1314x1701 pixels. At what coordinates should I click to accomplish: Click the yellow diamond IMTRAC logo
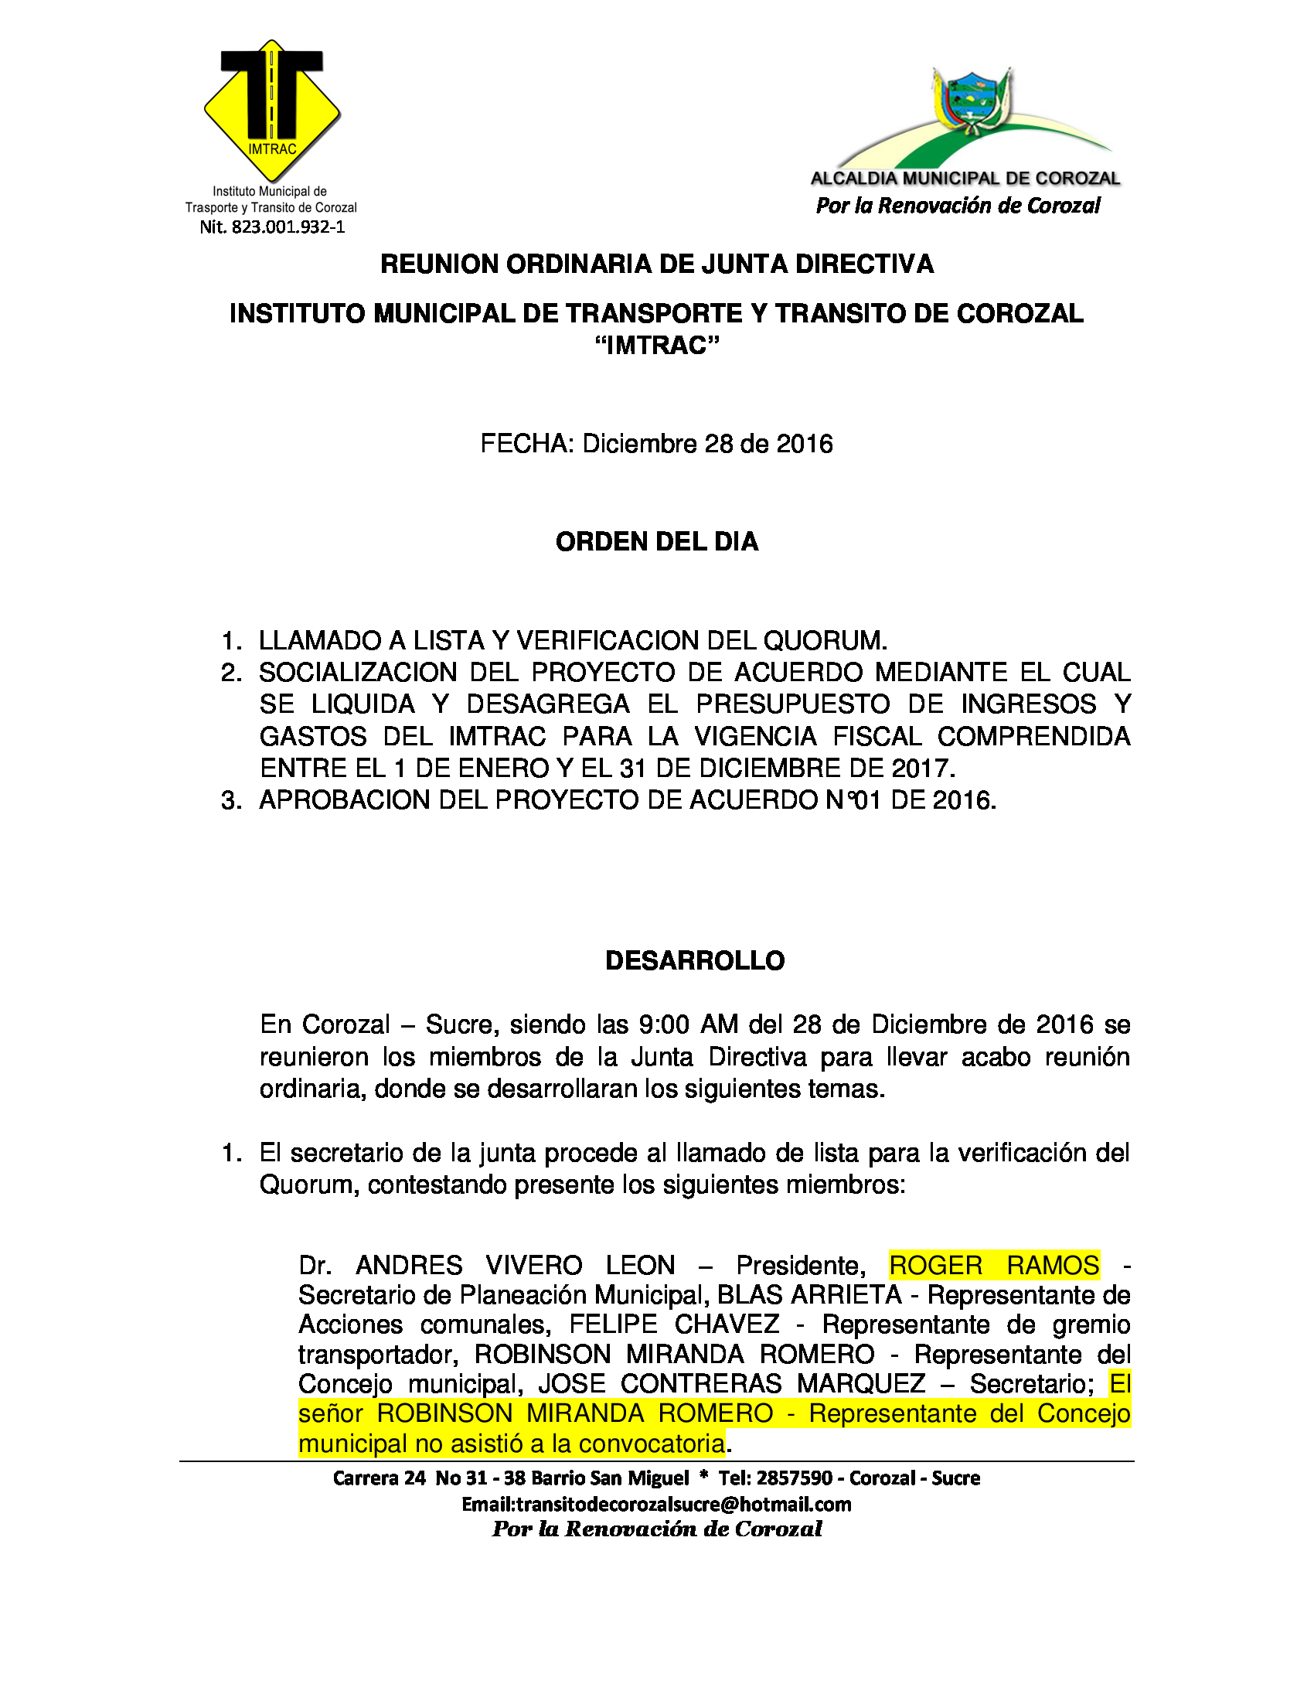click(x=271, y=109)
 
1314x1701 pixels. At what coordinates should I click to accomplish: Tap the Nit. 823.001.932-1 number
click(x=271, y=227)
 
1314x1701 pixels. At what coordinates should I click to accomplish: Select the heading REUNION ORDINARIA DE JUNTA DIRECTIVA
click(x=656, y=264)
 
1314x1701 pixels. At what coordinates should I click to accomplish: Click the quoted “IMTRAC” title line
click(x=656, y=345)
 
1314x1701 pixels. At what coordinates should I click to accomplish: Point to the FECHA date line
click(x=656, y=444)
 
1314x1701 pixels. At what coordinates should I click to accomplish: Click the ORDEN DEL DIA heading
click(x=656, y=542)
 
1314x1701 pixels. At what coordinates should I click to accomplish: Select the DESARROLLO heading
click(x=694, y=961)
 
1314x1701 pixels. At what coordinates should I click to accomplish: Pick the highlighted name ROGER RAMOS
click(x=993, y=1265)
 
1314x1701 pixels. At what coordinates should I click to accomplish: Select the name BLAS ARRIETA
click(x=808, y=1294)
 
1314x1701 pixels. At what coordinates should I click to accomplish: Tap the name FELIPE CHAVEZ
click(x=674, y=1324)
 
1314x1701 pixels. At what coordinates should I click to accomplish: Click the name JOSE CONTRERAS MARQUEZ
click(x=732, y=1384)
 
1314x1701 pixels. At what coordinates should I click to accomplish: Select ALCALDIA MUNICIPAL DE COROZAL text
click(x=965, y=179)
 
